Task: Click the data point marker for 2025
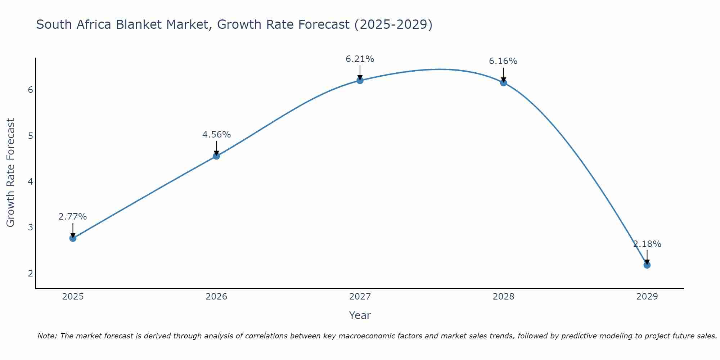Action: (73, 238)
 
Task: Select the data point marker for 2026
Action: (216, 156)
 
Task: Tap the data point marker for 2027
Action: (360, 80)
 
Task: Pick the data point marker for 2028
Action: (503, 83)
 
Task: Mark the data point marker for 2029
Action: (647, 265)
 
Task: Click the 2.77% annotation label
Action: (73, 217)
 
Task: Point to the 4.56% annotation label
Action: (216, 135)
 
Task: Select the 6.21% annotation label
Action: (360, 59)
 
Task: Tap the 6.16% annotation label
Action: (503, 61)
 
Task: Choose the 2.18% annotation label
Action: (647, 244)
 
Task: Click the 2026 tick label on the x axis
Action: (216, 297)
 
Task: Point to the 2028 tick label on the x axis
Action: (503, 297)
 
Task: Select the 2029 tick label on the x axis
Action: (647, 297)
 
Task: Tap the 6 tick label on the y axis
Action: (30, 90)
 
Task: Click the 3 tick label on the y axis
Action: (30, 228)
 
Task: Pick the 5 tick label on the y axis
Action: (30, 136)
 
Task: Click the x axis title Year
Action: (360, 315)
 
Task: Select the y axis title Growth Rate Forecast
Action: (11, 173)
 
